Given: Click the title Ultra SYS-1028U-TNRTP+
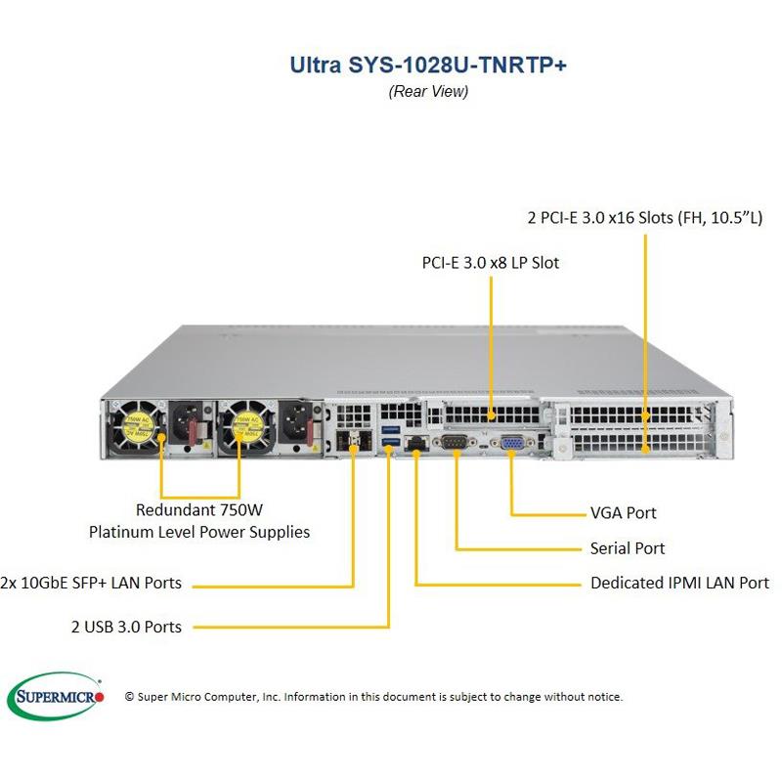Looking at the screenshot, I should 428,65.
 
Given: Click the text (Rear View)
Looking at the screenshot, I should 428,92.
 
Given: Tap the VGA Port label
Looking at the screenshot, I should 624,512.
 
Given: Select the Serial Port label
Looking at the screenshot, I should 628,548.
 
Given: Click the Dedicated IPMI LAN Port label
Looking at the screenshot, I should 679,583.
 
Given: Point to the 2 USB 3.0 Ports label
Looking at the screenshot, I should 126,627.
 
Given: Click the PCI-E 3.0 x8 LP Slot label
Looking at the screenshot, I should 491,262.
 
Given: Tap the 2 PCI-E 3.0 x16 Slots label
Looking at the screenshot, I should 643,217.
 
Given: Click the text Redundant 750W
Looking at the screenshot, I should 199,509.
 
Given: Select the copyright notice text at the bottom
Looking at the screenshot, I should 373,697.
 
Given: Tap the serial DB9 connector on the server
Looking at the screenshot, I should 456,443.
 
